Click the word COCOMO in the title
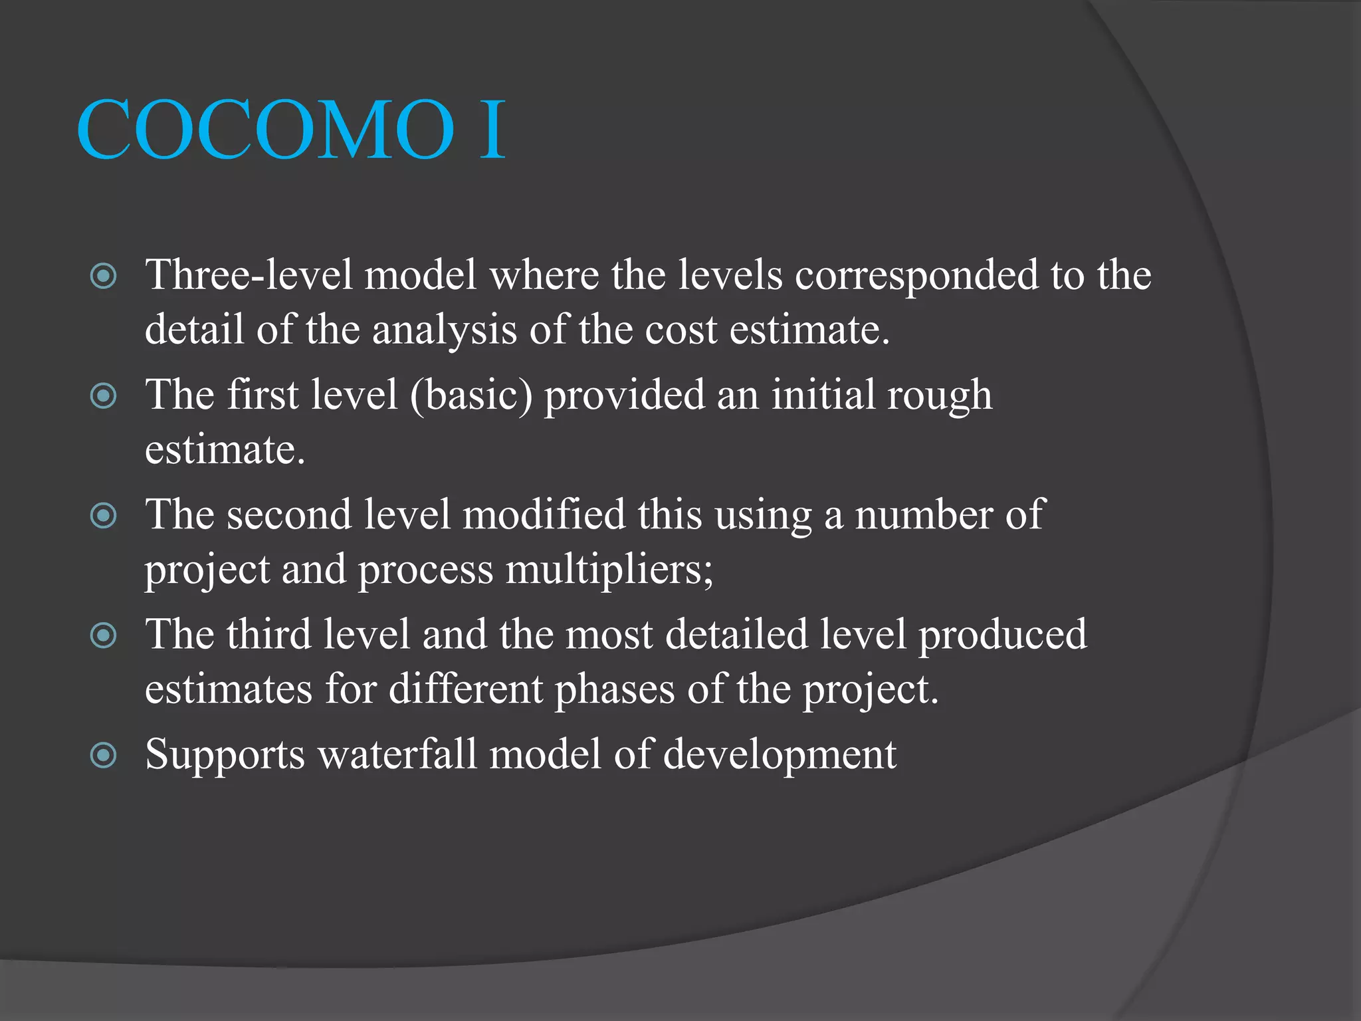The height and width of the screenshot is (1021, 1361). click(266, 130)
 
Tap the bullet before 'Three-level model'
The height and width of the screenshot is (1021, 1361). click(104, 276)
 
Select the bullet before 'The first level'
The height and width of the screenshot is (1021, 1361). click(104, 396)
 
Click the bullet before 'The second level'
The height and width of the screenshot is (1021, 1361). click(104, 516)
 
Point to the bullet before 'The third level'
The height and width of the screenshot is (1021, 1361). click(104, 635)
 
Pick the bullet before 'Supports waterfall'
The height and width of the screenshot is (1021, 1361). click(104, 755)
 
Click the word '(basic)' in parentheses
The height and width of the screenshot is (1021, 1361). click(471, 396)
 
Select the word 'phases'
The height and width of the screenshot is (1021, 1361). click(614, 689)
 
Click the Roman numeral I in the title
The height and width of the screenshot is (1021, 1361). click(492, 130)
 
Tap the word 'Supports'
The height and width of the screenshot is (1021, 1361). click(225, 756)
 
